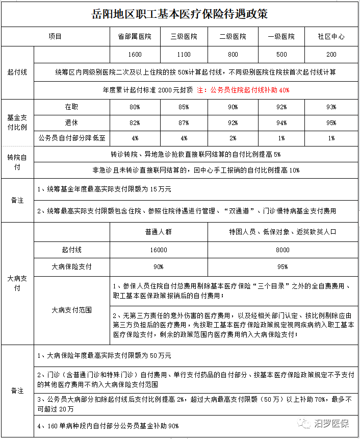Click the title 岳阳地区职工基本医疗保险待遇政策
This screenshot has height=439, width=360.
(180, 13)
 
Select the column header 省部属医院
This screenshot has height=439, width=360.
(135, 37)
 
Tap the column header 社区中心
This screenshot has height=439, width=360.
(331, 37)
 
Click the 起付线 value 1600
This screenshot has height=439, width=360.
(135, 55)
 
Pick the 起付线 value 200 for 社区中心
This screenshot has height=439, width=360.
(331, 55)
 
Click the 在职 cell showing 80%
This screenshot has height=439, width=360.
(135, 107)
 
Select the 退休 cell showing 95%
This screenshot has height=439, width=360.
(331, 123)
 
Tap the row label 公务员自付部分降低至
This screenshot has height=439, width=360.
(71, 138)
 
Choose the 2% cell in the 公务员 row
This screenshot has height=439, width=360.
(233, 138)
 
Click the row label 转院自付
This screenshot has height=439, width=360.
(17, 161)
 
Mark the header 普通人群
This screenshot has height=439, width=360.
(158, 232)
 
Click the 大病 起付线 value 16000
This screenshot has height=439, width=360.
(158, 250)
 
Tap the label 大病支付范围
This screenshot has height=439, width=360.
(71, 310)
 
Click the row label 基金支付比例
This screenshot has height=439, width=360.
(17, 122)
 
